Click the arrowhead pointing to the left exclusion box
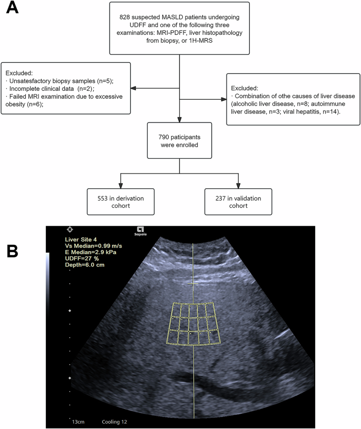coord(134,88)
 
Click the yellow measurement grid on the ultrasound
coord(193,324)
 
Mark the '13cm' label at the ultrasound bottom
coord(79,422)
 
